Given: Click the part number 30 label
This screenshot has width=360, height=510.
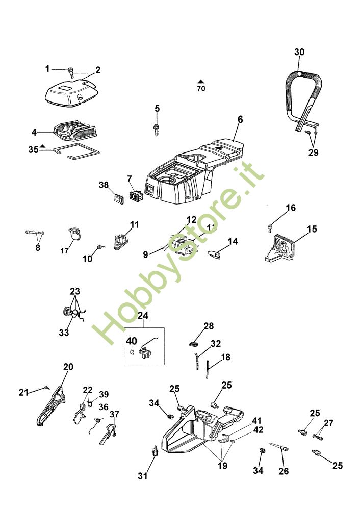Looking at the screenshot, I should click(x=299, y=52).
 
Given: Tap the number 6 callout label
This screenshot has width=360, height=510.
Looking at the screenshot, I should click(x=240, y=120).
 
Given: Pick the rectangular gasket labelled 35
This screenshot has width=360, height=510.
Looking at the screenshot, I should click(x=76, y=151).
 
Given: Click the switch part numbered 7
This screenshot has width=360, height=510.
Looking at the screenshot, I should click(x=136, y=194).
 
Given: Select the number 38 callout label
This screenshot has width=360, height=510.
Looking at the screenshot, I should click(x=104, y=186).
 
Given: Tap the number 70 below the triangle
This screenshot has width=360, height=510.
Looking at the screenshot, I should click(x=201, y=89).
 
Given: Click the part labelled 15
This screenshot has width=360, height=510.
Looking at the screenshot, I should click(x=279, y=249).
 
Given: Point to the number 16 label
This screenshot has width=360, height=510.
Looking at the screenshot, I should click(x=290, y=208).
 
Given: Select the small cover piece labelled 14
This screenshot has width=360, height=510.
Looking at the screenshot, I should click(x=216, y=252).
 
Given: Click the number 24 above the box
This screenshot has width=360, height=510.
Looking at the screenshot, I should click(x=144, y=315).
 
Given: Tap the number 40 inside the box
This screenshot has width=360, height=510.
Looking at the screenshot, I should click(x=132, y=341).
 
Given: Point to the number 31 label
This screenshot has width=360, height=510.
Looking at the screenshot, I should click(x=143, y=476).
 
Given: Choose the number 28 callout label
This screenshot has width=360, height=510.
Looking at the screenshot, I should click(x=209, y=326).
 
